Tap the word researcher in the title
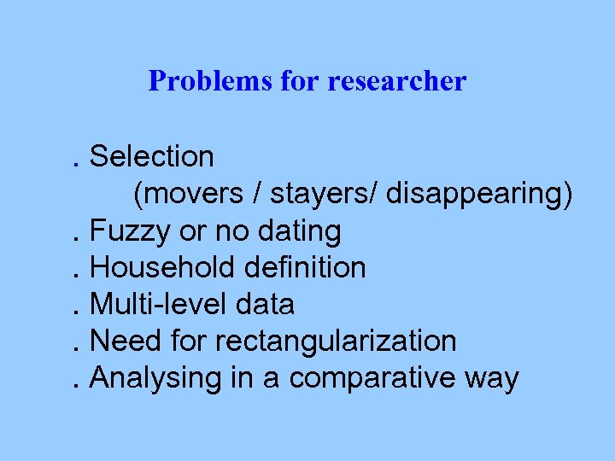(397, 81)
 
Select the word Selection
(152, 157)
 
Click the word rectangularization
(336, 341)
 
